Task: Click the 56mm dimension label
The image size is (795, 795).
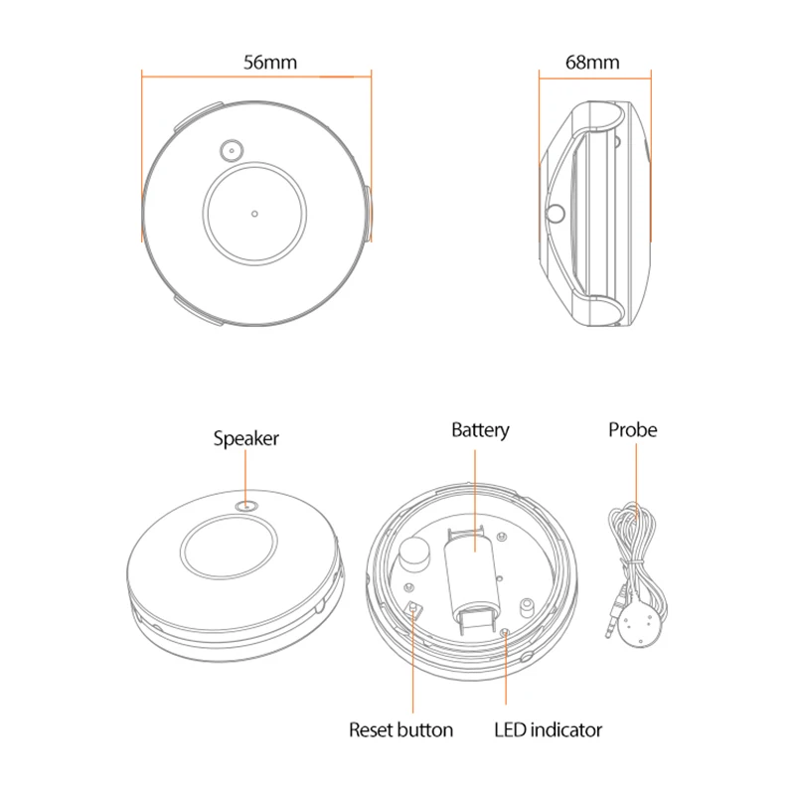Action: click(270, 62)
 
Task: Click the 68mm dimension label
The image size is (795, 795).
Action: click(592, 62)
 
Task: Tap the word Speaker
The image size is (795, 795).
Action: click(246, 438)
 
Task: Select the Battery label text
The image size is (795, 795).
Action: click(480, 430)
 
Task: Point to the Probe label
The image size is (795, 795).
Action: click(633, 430)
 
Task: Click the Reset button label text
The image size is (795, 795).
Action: click(400, 730)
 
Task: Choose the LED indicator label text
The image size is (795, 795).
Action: click(548, 730)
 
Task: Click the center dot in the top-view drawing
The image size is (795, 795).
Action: click(255, 213)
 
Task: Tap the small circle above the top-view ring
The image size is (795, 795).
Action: click(230, 150)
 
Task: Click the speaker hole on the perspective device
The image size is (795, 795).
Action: click(246, 506)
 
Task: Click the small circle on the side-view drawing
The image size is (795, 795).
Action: click(556, 212)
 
